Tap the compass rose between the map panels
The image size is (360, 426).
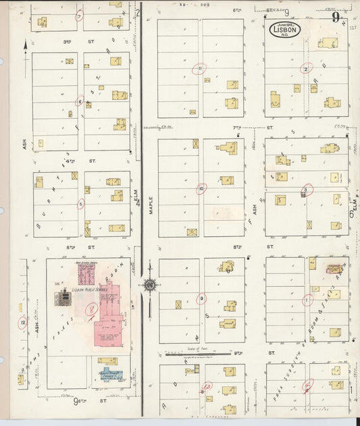point(149,284)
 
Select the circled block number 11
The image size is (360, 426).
point(199,68)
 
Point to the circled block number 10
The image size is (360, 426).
point(201,190)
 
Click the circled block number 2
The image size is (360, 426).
point(307,68)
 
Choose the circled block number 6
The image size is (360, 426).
point(80,103)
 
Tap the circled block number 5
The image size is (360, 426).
point(81,203)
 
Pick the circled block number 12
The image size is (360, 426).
point(23,322)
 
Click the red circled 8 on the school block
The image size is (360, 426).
point(92,311)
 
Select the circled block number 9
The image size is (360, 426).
point(201,298)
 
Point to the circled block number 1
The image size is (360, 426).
point(307,299)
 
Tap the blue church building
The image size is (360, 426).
point(109,373)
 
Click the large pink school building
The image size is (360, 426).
point(108,317)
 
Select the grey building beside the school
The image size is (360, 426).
point(63,296)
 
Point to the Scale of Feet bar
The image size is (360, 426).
point(203,352)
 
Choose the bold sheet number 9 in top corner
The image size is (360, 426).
point(336,18)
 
